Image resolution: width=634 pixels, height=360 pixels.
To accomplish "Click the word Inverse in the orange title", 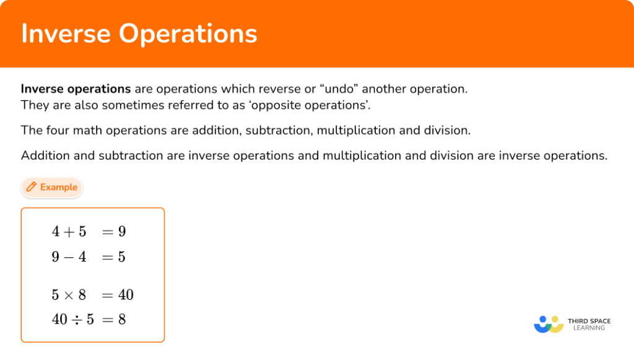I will [x=65, y=33].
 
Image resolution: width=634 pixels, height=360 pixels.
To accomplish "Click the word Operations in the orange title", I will [x=188, y=35].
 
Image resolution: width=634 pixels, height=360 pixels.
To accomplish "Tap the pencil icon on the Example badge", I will [x=31, y=187].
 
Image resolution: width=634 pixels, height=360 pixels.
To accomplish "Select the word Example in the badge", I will [x=59, y=187].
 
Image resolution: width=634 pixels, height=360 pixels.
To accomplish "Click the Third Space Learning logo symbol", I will [x=548, y=324].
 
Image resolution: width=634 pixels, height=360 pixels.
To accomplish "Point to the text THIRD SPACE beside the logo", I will [x=589, y=320].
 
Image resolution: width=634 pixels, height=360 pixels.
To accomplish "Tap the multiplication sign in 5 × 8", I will [x=69, y=295].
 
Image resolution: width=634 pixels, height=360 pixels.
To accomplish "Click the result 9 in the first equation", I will [x=122, y=232].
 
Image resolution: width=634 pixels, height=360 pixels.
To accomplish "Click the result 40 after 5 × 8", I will [x=126, y=295].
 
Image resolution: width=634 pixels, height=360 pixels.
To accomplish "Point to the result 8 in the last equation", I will [x=122, y=320].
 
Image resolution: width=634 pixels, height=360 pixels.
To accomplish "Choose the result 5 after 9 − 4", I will [x=122, y=257].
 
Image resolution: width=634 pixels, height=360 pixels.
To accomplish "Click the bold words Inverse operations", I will [x=76, y=89].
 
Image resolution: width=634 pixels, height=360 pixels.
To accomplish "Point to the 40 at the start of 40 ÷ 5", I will [x=59, y=320].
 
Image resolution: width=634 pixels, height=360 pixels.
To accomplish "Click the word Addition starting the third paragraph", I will [x=46, y=156].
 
